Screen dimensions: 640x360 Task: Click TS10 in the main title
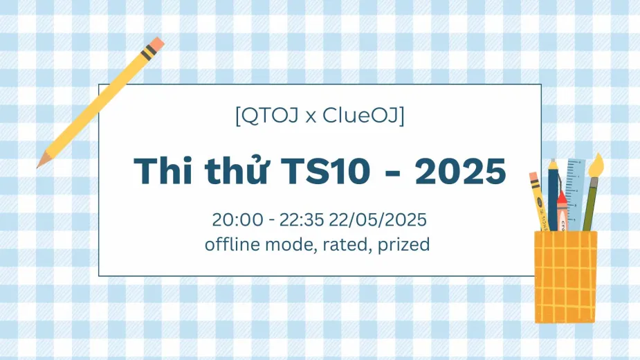(326, 171)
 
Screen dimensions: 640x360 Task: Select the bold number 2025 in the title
(460, 171)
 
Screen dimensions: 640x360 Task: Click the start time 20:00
(237, 219)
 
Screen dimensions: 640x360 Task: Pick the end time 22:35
(302, 219)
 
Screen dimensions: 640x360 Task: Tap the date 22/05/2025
(378, 219)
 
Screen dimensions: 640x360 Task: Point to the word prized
(403, 245)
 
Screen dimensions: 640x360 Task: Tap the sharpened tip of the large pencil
(39, 165)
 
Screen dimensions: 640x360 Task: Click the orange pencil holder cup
(566, 277)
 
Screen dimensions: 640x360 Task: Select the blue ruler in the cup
(576, 195)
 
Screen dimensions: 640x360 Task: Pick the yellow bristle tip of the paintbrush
(596, 164)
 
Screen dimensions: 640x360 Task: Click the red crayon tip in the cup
(562, 199)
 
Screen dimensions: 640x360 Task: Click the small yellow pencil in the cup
(539, 201)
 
